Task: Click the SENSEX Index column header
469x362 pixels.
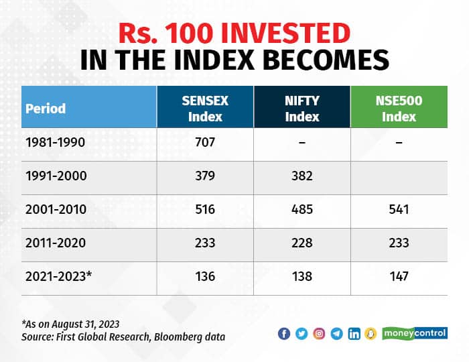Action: click(205, 107)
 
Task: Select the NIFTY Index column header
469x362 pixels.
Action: click(301, 107)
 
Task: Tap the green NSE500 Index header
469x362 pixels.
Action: click(399, 107)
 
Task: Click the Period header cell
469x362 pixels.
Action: click(46, 108)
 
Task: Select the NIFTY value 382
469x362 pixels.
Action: click(302, 177)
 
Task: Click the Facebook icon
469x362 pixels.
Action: click(284, 333)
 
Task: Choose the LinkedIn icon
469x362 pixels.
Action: click(354, 333)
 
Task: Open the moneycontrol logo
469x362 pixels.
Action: click(415, 333)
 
